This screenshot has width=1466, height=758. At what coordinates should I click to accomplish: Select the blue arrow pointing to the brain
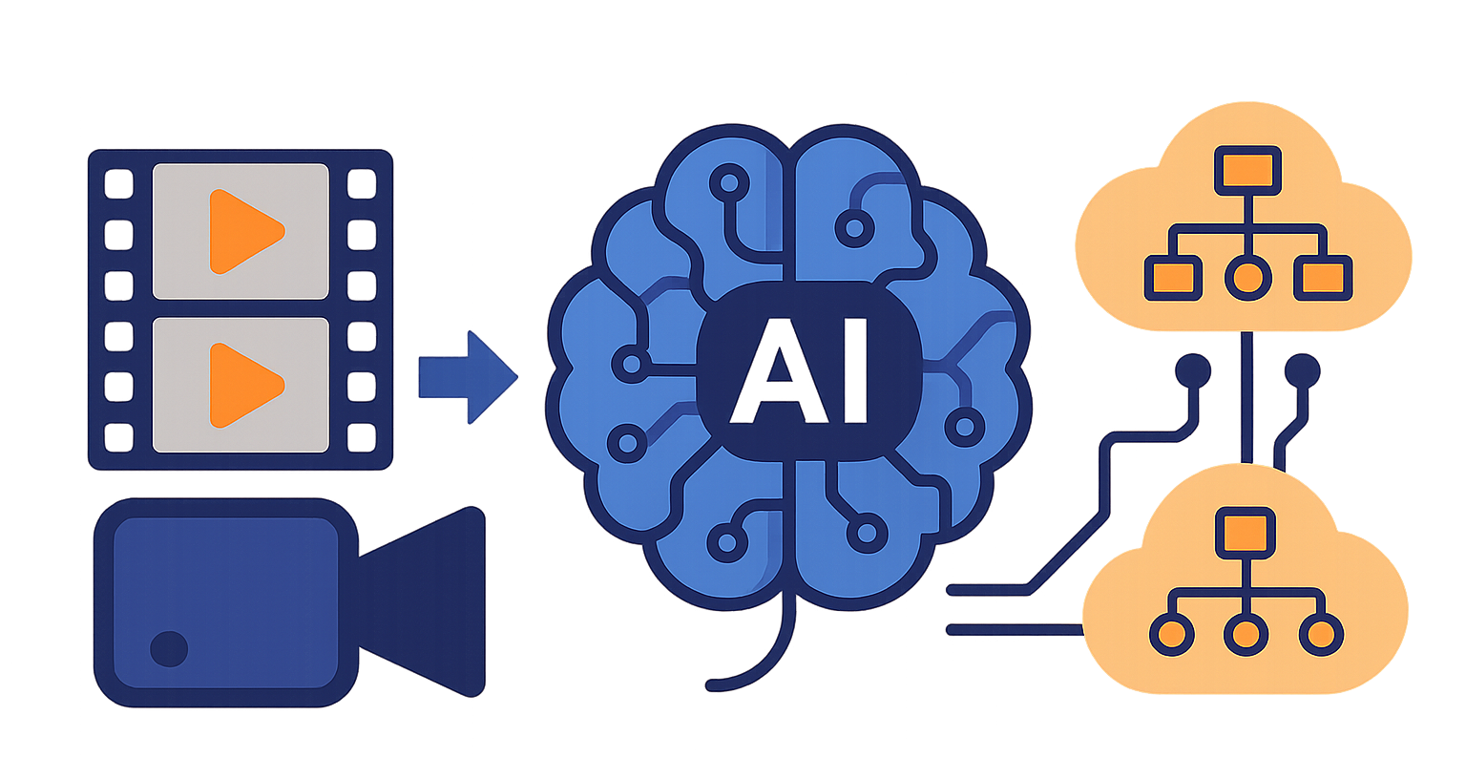click(x=467, y=376)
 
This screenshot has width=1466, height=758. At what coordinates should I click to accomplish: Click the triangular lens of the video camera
click(x=430, y=601)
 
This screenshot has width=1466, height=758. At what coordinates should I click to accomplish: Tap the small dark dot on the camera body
click(x=169, y=648)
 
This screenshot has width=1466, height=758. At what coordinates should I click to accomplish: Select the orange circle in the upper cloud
click(x=1246, y=278)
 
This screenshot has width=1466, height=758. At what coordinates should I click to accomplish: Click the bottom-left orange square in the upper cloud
click(x=1171, y=278)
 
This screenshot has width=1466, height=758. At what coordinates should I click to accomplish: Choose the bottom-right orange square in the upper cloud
click(x=1321, y=278)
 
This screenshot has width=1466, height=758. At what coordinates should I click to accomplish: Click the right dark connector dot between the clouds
click(x=1303, y=368)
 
